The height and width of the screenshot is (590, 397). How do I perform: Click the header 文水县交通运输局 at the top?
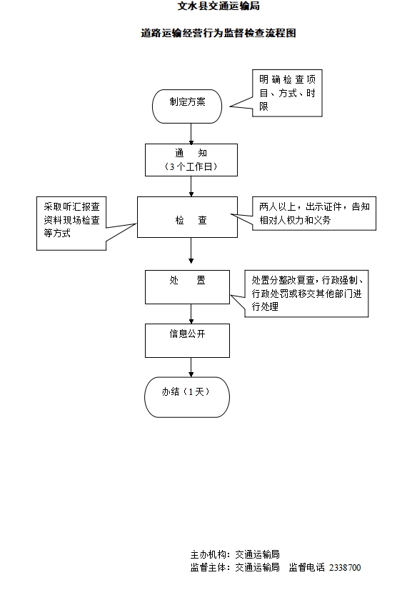coord(218,6)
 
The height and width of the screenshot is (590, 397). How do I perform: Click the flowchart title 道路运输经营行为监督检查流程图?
coord(218,34)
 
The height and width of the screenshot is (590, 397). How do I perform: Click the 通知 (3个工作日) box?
coord(191,160)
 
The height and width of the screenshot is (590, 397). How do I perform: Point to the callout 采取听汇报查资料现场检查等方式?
coord(71,223)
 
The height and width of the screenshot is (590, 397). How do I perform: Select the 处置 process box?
coord(187,286)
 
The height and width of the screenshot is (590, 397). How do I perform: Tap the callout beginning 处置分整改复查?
coord(306,294)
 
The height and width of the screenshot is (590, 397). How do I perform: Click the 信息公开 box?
coord(187,340)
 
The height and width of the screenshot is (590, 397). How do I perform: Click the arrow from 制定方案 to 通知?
coord(191,133)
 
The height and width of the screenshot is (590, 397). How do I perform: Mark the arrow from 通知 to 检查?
coord(191,186)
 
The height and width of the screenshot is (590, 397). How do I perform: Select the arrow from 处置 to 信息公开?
coord(191,314)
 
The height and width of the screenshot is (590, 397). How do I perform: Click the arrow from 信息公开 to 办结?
coord(191,367)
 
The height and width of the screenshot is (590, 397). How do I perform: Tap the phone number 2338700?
coord(346,568)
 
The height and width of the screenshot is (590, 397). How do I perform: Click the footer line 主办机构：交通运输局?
coord(234,554)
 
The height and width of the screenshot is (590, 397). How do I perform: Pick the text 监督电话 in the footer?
coord(306,568)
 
